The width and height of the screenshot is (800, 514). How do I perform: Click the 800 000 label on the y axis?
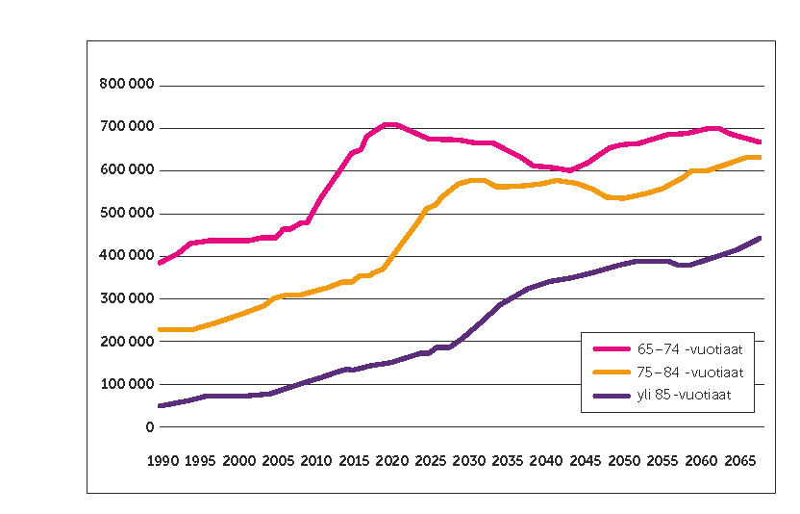[128, 85]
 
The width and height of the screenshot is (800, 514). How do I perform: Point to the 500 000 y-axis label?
[128, 213]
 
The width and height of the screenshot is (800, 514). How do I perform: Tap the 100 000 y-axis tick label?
[128, 384]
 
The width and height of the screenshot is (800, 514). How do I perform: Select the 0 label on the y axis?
[150, 426]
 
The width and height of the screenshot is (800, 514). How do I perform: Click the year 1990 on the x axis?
[162, 461]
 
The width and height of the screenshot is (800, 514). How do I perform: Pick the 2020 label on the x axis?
[390, 461]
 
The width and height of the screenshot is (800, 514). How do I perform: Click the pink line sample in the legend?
[611, 348]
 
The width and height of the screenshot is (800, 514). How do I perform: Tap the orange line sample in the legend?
[611, 372]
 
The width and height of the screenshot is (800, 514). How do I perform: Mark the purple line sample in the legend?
[611, 395]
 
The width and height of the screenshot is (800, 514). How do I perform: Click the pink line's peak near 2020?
[388, 124]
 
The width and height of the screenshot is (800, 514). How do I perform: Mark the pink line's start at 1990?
[161, 263]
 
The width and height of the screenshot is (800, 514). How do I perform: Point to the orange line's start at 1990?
[161, 329]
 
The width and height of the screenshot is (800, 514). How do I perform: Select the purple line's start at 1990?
[161, 405]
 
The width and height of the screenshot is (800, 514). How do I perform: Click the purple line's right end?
[760, 238]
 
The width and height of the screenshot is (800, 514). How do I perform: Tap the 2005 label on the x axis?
[276, 461]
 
